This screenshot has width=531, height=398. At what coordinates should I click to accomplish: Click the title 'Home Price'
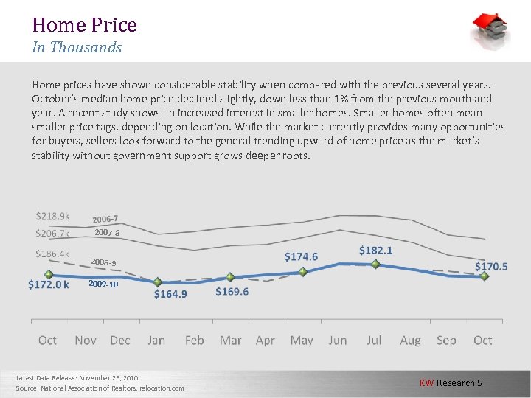tap(84, 25)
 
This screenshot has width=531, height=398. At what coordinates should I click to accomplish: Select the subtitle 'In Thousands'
tap(77, 48)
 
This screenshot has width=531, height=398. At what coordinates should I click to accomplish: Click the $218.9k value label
tap(52, 216)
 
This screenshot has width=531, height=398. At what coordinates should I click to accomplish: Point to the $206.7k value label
tap(52, 234)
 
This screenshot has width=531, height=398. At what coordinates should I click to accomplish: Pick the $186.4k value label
tap(52, 254)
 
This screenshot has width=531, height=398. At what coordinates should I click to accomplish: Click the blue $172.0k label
tap(49, 284)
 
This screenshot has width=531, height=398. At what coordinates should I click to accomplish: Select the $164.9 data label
tap(170, 294)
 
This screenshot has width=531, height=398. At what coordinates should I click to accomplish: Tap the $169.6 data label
tap(232, 291)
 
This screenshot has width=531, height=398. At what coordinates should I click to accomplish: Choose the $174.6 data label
tap(302, 256)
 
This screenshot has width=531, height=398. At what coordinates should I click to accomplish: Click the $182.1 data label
tap(376, 251)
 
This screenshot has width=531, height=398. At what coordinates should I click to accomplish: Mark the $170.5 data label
tap(491, 266)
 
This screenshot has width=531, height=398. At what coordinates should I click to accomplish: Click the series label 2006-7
tap(105, 219)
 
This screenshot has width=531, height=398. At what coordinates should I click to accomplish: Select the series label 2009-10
tap(103, 284)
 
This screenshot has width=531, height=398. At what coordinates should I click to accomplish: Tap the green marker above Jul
tap(375, 264)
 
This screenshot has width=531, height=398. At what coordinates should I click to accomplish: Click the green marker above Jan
tap(157, 282)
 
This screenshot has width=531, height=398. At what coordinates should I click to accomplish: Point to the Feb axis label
tap(194, 341)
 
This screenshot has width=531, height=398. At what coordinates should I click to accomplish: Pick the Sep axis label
tap(446, 341)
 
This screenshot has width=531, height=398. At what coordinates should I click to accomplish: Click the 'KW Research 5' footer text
tap(451, 383)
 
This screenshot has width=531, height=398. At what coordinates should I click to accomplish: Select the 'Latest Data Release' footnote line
tap(77, 377)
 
